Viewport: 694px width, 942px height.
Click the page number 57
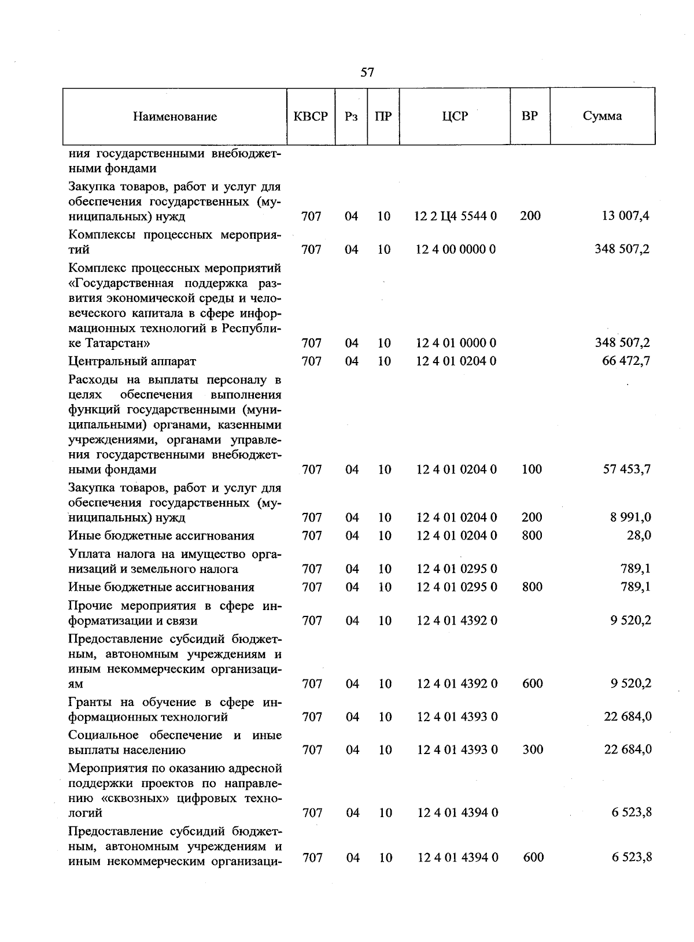367,72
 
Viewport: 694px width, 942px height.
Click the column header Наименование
175,116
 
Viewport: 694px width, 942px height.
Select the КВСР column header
311,116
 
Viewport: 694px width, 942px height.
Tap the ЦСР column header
455,116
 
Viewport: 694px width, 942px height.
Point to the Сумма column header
602,116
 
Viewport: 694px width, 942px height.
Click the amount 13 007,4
625,216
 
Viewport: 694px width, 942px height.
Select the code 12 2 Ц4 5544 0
456,216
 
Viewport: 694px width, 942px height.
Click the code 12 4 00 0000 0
456,249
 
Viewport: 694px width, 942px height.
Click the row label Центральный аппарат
132,361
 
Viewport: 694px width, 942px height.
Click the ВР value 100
531,469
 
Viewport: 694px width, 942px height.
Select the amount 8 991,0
630,517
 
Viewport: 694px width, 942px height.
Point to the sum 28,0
638,535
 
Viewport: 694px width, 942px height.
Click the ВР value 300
533,749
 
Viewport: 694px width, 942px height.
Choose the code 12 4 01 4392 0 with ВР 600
457,684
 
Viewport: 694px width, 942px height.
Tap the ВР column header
529,116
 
